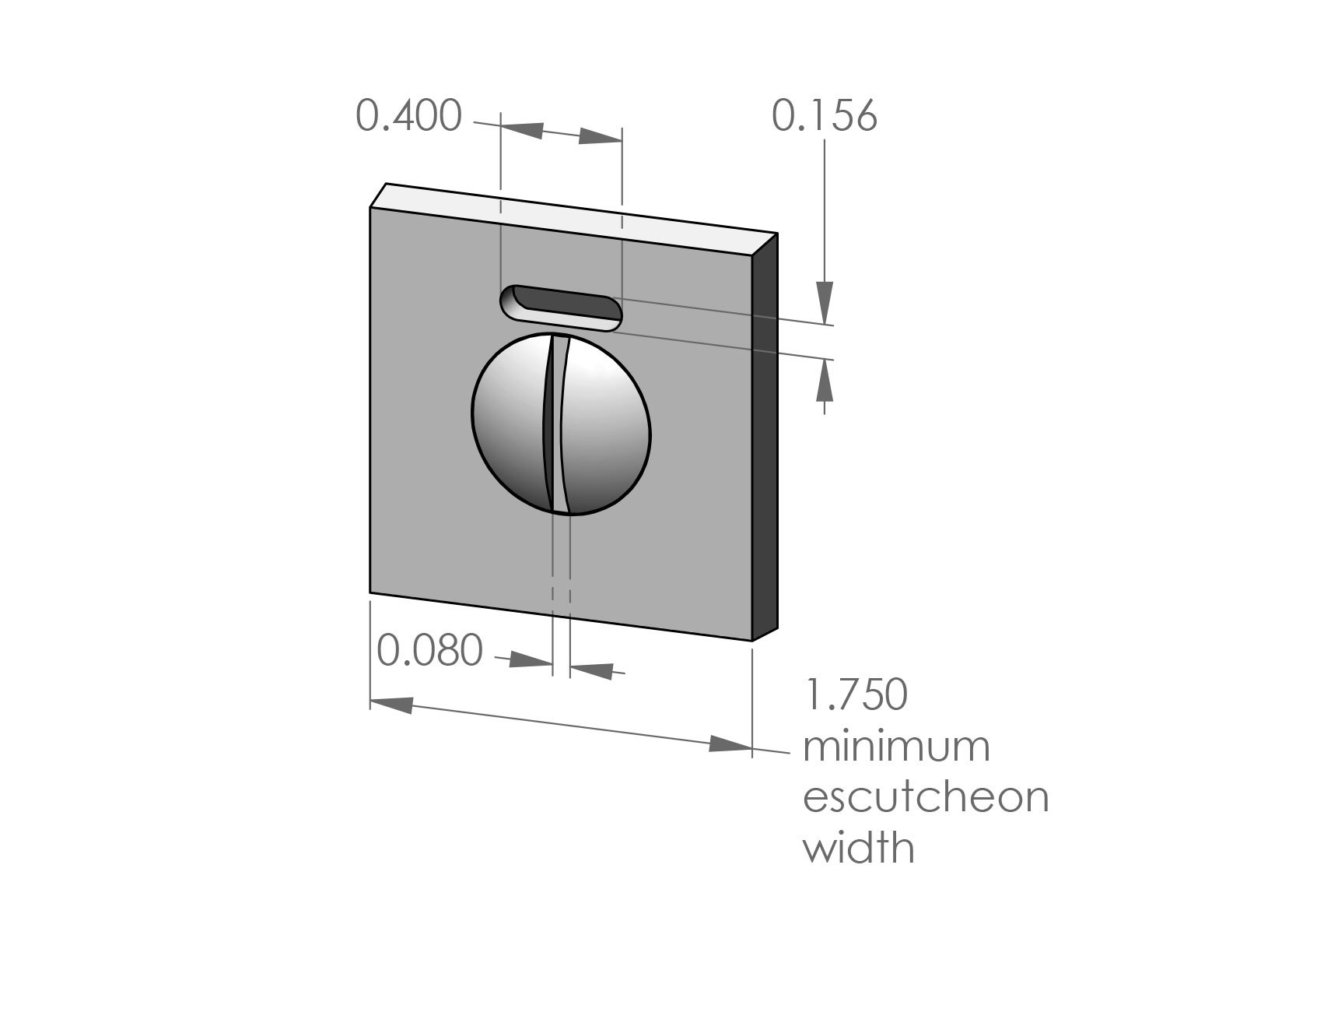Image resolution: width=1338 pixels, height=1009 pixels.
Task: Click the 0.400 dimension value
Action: click(408, 117)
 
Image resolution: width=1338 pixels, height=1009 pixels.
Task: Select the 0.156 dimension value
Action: click(824, 116)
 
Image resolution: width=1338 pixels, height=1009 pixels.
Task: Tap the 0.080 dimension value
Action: click(429, 650)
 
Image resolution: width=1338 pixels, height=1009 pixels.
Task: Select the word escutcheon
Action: click(926, 797)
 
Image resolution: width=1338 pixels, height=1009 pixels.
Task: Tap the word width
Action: click(858, 848)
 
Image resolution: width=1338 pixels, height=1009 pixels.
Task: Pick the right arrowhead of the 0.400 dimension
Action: click(599, 138)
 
